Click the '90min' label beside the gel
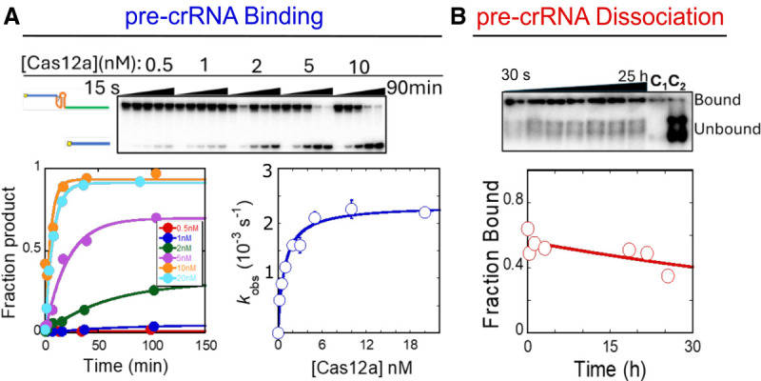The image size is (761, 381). (412, 89)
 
